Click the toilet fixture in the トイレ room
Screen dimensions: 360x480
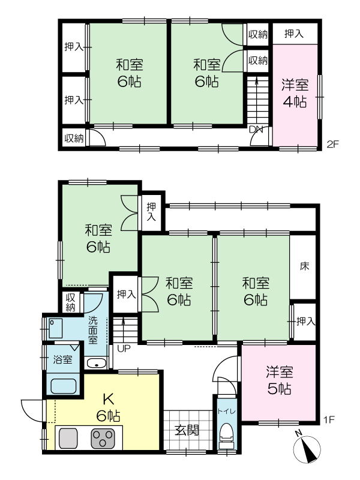pyautogui.click(x=227, y=433)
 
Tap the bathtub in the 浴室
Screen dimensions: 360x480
pyautogui.click(x=64, y=386)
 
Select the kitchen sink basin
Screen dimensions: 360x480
pyautogui.click(x=68, y=439)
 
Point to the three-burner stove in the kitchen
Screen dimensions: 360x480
pyautogui.click(x=103, y=439)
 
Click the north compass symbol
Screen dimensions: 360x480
pyautogui.click(x=307, y=449)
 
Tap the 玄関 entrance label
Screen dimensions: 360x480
pyautogui.click(x=187, y=430)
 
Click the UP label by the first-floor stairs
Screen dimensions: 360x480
pyautogui.click(x=124, y=348)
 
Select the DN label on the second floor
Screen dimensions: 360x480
pyautogui.click(x=256, y=130)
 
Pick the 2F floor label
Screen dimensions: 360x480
pyautogui.click(x=333, y=144)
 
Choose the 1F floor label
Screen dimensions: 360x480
pyautogui.click(x=329, y=419)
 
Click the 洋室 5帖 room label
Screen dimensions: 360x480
pyautogui.click(x=279, y=380)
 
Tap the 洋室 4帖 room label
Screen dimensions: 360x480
pyautogui.click(x=295, y=93)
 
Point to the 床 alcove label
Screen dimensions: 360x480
pyautogui.click(x=304, y=266)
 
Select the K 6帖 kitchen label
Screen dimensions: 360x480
pyautogui.click(x=109, y=407)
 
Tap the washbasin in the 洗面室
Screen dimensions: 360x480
pyautogui.click(x=97, y=364)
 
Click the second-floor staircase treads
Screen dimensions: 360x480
pyautogui.click(x=257, y=101)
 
